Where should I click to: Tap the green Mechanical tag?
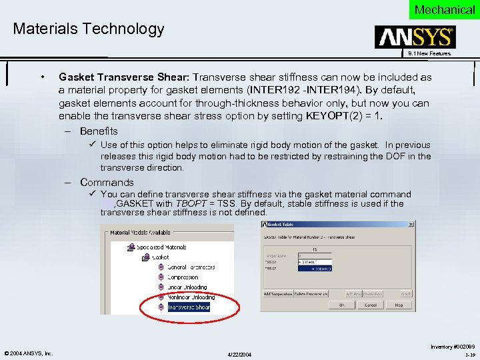pos(444,9)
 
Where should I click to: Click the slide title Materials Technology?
pos(88,29)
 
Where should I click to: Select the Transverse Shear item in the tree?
pos(189,307)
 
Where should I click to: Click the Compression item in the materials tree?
pos(183,277)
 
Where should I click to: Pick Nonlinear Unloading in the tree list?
pos(191,297)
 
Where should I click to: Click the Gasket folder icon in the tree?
pos(147,257)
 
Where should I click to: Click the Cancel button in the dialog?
pos(370,305)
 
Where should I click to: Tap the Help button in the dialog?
pos(399,305)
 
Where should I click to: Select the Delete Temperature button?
pos(312,293)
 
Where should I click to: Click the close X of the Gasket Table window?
pos(411,225)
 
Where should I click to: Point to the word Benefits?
pos(99,131)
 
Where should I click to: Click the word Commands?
pos(107,182)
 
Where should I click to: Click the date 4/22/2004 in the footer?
pos(240,353)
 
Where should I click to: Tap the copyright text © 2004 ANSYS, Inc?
pos(29,353)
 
